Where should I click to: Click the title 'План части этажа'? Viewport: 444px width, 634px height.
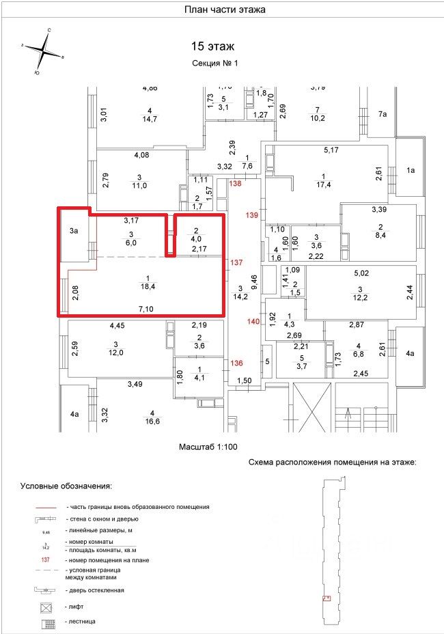pos(225,10)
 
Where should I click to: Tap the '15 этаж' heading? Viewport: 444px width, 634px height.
pos(212,46)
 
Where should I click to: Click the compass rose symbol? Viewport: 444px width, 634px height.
pos(44,51)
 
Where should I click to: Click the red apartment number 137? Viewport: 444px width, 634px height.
pos(236,262)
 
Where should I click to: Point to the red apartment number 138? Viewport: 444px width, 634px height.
pos(236,184)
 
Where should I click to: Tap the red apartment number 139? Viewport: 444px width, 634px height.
pos(252,216)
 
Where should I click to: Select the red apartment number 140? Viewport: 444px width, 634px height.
pos(253,320)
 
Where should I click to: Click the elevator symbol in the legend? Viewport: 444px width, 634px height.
pos(46,606)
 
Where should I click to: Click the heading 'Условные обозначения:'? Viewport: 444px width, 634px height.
pos(66,486)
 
